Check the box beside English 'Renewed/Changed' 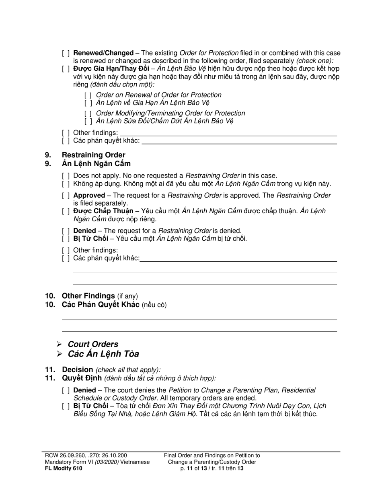tap(66, 53)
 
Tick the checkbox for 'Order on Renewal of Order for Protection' tap(88, 95)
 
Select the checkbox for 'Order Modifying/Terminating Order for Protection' tap(88, 113)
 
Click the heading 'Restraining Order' tap(93, 155)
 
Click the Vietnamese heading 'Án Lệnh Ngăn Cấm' tap(96, 164)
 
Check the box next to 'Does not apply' tap(66, 176)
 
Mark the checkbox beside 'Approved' tap(66, 196)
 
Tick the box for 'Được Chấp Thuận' tap(66, 211)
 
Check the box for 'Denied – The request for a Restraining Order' tap(66, 231)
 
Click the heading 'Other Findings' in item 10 tap(88, 296)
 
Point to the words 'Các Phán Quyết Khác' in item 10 tap(100, 305)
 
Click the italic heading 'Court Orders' tap(93, 344)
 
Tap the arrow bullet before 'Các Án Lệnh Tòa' tap(59, 354)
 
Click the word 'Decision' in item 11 tap(77, 369)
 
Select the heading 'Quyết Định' tap(82, 378)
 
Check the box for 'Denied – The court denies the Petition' tap(66, 390)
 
